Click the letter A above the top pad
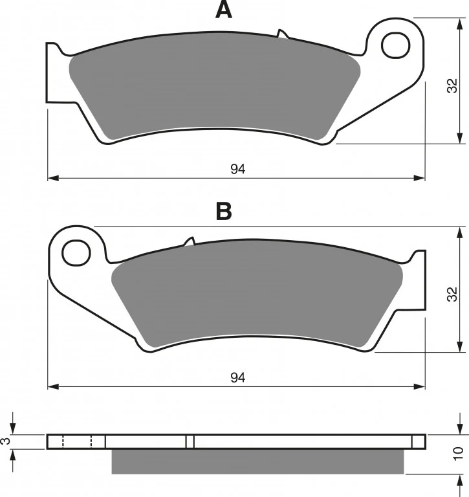(224, 10)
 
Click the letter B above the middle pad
(224, 211)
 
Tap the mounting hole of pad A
(395, 45)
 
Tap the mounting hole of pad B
(76, 252)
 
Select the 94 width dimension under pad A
(237, 170)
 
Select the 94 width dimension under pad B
(237, 378)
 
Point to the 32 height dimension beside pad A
(453, 85)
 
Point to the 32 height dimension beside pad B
(453, 294)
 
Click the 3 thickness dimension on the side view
(6, 441)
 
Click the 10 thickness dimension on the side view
(458, 454)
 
